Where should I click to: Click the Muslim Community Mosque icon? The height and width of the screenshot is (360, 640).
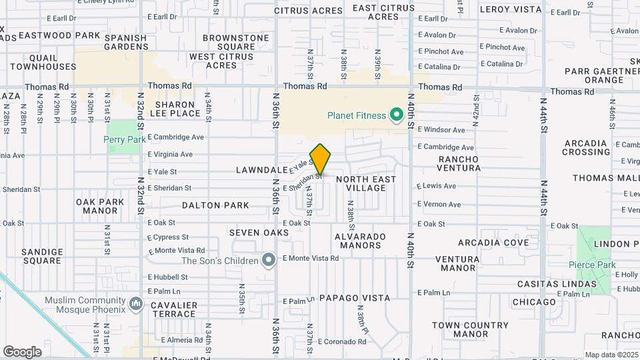137,305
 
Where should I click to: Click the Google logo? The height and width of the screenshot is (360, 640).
23,351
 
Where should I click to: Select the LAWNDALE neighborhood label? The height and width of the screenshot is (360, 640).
261,171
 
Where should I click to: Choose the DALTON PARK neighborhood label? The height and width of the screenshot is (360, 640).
206,205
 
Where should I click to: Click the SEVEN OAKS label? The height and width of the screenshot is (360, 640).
259,233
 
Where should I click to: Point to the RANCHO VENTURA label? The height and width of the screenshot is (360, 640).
459,163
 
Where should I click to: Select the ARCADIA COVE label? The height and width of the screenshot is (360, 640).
492,243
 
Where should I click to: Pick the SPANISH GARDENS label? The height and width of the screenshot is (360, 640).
125,43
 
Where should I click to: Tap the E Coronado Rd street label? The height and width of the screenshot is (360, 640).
343,341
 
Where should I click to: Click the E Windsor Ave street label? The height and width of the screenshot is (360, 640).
441,130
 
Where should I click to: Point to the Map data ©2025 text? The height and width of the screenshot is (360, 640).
611,355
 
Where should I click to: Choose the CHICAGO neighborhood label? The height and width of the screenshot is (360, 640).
534,302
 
